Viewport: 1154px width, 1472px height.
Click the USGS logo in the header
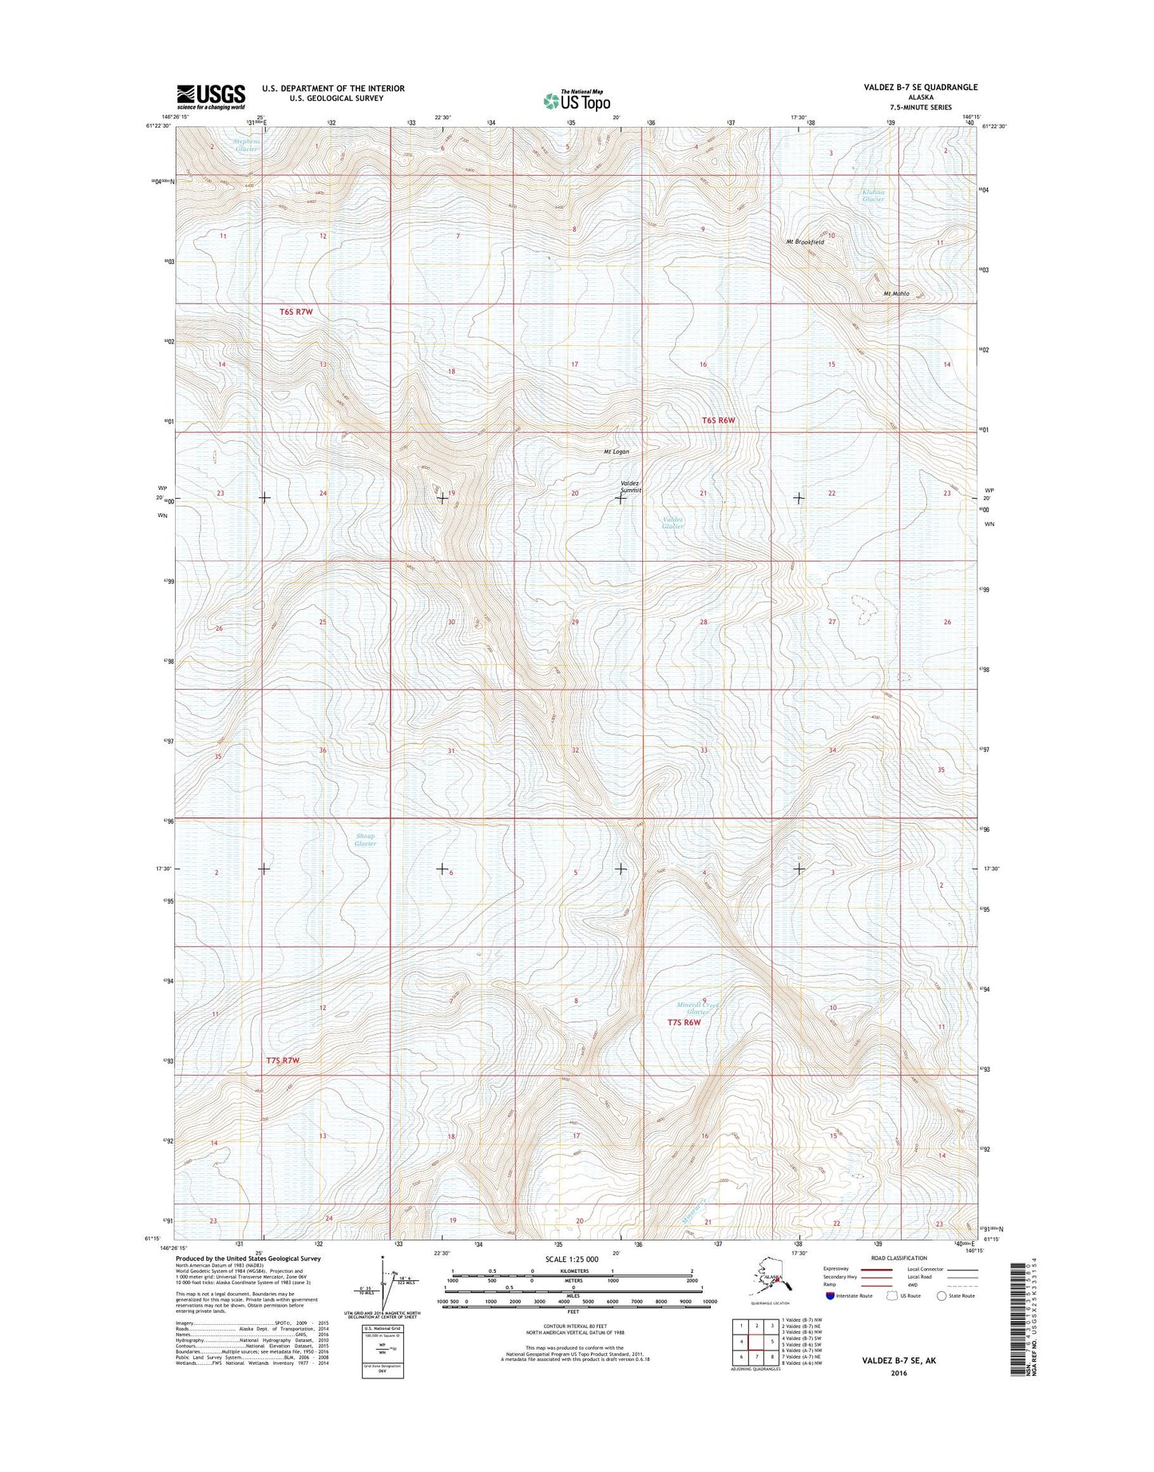click(211, 96)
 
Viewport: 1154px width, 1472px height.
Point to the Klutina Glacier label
click(873, 196)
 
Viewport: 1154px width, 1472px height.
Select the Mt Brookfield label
click(803, 241)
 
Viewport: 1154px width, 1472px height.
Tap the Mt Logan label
click(616, 452)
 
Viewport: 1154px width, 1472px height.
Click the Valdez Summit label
click(631, 487)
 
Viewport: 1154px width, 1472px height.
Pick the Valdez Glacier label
click(672, 523)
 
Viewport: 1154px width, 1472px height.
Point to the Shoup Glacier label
click(365, 840)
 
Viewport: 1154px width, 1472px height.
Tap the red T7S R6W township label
click(684, 1023)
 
